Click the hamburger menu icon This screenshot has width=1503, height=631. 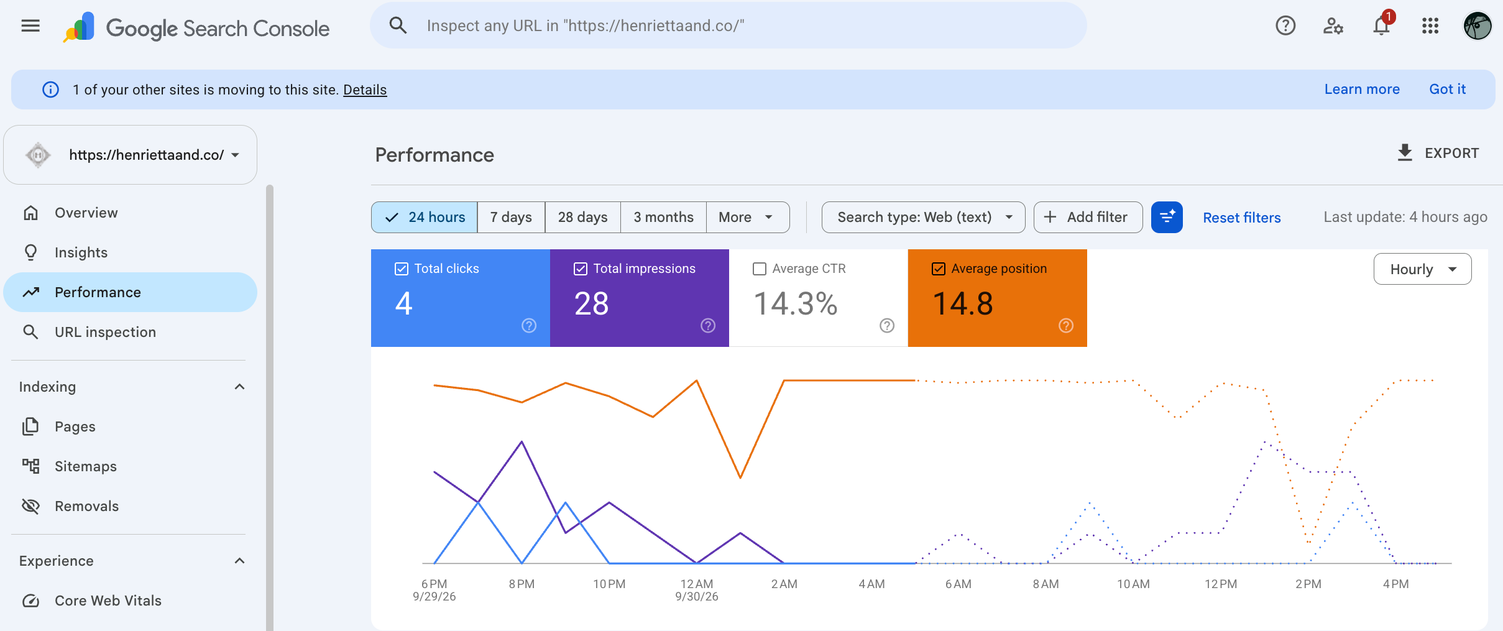[30, 26]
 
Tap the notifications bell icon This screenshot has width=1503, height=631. [1381, 26]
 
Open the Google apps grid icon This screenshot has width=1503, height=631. [1430, 26]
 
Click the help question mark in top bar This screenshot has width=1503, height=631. [1285, 26]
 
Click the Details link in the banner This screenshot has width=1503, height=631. [365, 90]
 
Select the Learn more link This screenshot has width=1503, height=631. [1362, 89]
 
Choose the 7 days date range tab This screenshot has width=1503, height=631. [511, 217]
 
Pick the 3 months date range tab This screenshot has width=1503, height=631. [663, 217]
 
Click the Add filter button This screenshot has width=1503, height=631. [1088, 217]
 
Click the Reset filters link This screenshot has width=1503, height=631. [1241, 218]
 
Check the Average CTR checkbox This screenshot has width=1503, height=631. [760, 269]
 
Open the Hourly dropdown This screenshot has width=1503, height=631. [1422, 269]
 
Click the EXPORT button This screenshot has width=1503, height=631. [1438, 153]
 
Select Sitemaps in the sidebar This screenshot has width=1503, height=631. [85, 466]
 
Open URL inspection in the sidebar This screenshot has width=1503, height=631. [105, 332]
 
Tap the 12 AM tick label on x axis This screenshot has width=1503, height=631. [696, 584]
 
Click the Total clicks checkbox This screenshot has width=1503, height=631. [402, 269]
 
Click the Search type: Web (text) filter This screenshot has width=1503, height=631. [923, 217]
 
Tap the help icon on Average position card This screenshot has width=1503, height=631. [1066, 325]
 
